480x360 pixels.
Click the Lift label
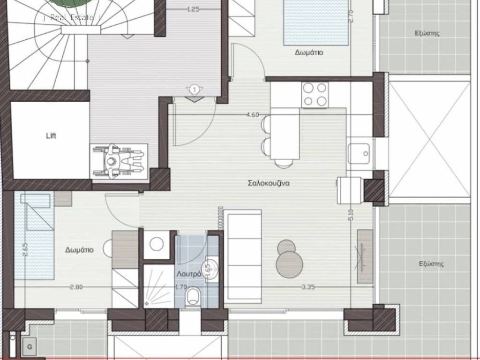pyautogui.click(x=51, y=135)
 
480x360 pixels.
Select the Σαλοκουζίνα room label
pyautogui.click(x=269, y=183)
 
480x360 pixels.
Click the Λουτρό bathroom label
pyautogui.click(x=189, y=274)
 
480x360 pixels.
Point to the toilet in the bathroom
pyautogui.click(x=192, y=296)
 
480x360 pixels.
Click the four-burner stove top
pyautogui.click(x=315, y=95)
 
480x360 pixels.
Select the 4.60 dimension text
pyautogui.click(x=253, y=115)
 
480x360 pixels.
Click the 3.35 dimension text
pyautogui.click(x=308, y=287)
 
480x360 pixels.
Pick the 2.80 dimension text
pyautogui.click(x=76, y=287)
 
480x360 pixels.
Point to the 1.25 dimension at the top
pyautogui.click(x=193, y=9)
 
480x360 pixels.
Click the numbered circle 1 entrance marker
pyautogui.click(x=194, y=90)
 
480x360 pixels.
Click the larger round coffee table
pyautogui.click(x=289, y=264)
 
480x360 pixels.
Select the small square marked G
pyautogui.click(x=30, y=347)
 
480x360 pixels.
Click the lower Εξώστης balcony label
pyautogui.click(x=431, y=263)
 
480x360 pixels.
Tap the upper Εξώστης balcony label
pyautogui.click(x=427, y=33)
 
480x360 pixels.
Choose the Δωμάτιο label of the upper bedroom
pyautogui.click(x=309, y=52)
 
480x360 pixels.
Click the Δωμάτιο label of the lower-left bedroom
pyautogui.click(x=80, y=250)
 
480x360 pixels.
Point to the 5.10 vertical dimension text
pyautogui.click(x=351, y=215)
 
